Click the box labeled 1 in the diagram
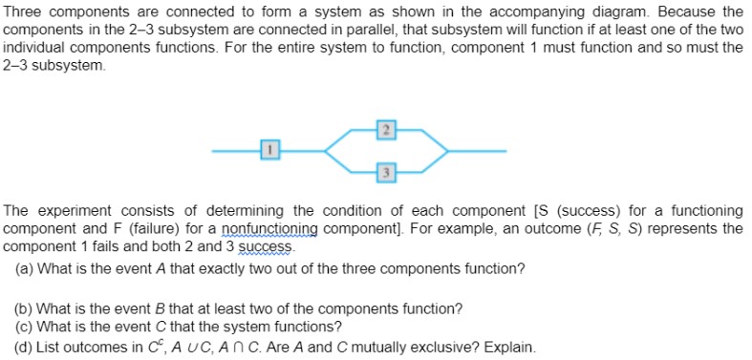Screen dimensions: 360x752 click(270, 150)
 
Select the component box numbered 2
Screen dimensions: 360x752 click(384, 129)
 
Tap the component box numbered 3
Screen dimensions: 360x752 click(384, 172)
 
